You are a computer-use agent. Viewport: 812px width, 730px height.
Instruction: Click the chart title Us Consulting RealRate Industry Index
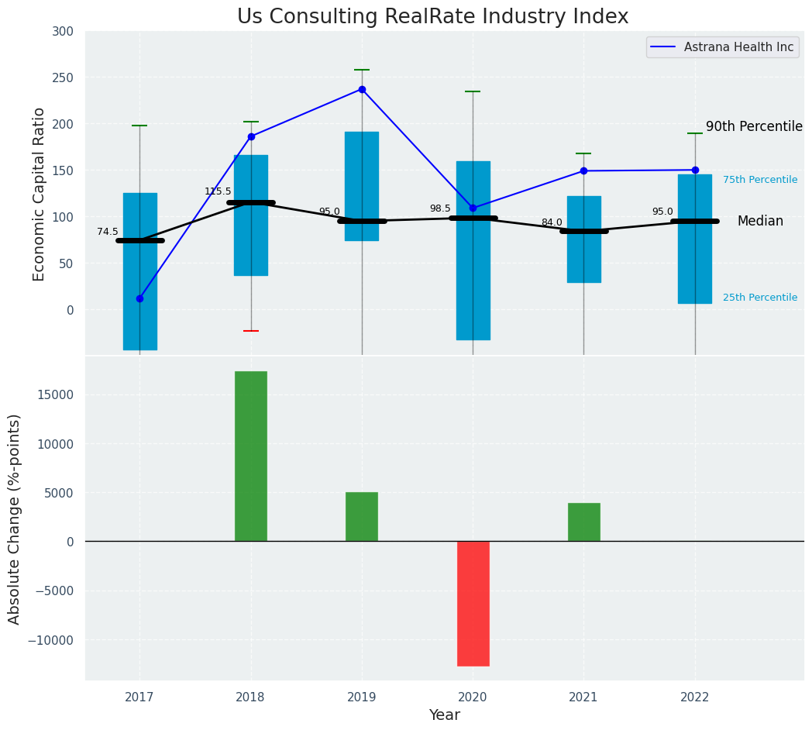432,17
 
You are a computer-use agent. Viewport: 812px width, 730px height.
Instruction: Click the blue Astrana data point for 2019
362,89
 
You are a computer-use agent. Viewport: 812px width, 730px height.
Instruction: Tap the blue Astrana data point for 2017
139,298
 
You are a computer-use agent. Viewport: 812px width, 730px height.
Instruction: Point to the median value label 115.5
218,191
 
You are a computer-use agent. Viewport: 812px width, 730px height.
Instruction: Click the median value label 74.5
108,232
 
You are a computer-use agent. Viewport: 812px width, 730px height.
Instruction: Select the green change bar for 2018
251,456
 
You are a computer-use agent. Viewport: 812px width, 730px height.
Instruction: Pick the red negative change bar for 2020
473,603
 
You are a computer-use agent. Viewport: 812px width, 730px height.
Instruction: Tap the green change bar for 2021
583,522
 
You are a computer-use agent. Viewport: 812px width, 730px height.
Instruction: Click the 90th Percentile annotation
754,127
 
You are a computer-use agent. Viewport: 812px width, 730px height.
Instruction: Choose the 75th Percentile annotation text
760,180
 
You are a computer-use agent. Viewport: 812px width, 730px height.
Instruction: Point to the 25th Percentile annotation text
760,298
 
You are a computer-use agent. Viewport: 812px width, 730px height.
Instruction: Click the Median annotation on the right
760,222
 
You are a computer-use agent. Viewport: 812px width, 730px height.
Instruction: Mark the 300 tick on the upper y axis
63,32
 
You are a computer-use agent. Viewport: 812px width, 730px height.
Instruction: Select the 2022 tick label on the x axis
695,697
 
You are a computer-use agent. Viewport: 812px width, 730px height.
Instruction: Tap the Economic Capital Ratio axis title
40,194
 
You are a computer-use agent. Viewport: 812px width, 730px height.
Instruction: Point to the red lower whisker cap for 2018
251,331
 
